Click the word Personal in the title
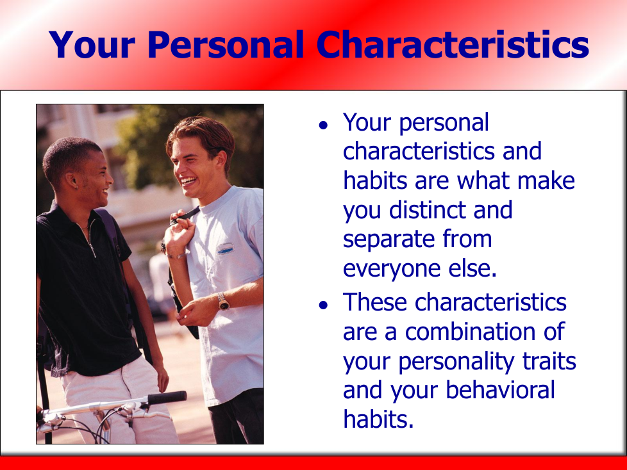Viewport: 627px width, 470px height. (x=226, y=45)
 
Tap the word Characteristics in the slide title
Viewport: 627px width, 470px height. (x=453, y=44)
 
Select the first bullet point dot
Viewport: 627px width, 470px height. (x=323, y=126)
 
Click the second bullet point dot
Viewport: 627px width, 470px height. (x=323, y=305)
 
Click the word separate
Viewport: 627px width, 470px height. (x=389, y=240)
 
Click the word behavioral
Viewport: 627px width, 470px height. (x=500, y=391)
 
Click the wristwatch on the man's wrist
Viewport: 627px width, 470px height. (x=223, y=302)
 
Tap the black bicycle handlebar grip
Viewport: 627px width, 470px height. (x=167, y=398)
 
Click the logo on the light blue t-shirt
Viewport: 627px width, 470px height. (x=226, y=248)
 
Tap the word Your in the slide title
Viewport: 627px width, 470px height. (x=92, y=45)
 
